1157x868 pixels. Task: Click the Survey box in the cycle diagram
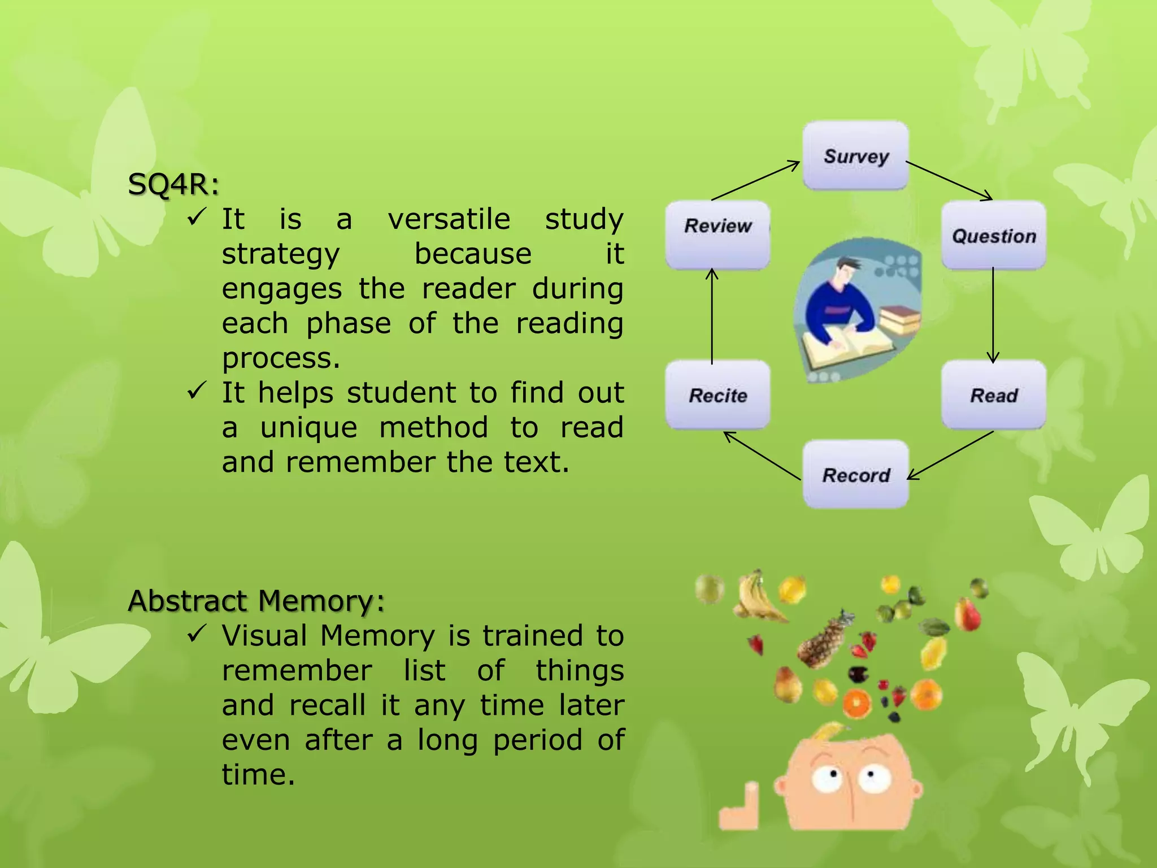(856, 155)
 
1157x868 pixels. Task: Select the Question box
(994, 235)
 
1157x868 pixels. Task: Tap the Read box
(994, 395)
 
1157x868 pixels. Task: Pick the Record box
(856, 475)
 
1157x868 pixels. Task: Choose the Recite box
(717, 395)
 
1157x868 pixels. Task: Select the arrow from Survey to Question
(949, 180)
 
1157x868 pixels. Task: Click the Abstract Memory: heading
(256, 600)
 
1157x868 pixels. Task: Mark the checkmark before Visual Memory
(195, 634)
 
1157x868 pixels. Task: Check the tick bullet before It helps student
(195, 390)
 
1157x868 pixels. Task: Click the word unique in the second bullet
(308, 428)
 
